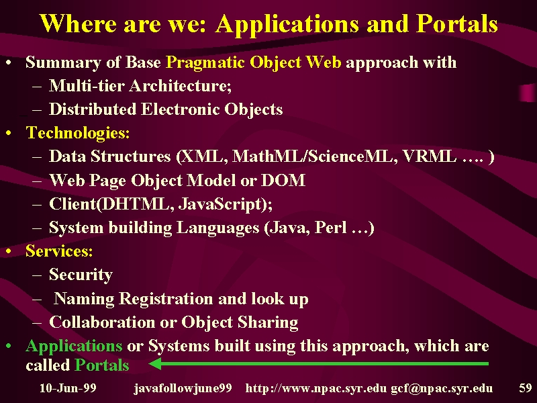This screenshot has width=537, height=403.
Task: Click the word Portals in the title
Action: [457, 24]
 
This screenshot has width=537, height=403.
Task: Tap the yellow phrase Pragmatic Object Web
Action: [254, 63]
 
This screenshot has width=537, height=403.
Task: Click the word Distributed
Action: [93, 109]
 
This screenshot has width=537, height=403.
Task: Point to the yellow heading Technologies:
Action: [78, 133]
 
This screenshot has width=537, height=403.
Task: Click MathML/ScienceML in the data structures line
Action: [312, 156]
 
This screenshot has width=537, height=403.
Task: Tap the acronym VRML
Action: [430, 156]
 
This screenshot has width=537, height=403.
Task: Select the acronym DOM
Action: [283, 180]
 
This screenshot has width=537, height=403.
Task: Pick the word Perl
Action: [330, 227]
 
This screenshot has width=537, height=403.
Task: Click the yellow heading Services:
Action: [59, 251]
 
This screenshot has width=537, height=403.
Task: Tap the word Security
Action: [81, 275]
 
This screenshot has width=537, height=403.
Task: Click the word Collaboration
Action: [102, 322]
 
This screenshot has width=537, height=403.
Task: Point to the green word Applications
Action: [74, 346]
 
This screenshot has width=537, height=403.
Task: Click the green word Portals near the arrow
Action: [102, 365]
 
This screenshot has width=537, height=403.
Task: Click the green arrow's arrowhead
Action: [155, 363]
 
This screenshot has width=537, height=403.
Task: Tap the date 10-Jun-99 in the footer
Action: [68, 388]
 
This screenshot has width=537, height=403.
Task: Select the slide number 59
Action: [526, 388]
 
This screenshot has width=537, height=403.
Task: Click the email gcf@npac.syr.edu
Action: [442, 389]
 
